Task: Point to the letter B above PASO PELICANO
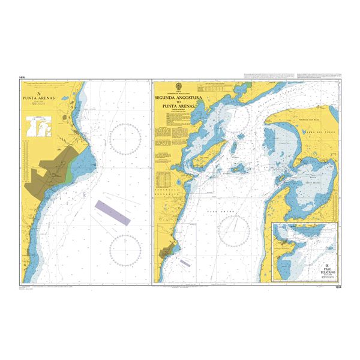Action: (328, 266)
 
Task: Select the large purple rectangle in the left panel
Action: (113, 212)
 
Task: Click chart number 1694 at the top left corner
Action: (22, 77)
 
